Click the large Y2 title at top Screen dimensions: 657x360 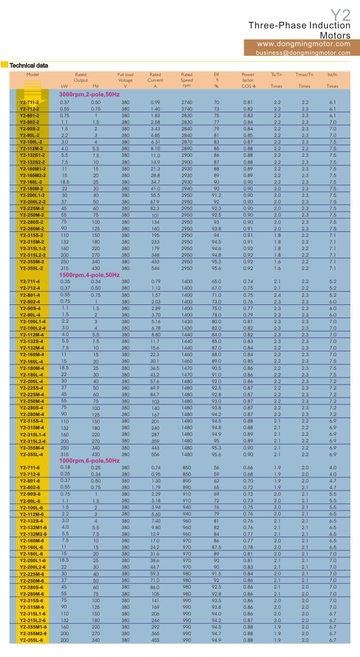pyautogui.click(x=340, y=14)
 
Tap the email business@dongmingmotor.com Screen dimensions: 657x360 pyautogui.click(x=303, y=52)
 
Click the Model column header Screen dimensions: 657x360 pyautogui.click(x=33, y=75)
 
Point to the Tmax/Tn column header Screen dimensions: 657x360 pyautogui.click(x=304, y=75)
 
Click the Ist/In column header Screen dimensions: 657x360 pyautogui.click(x=332, y=75)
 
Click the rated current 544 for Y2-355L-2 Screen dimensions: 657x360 pyautogui.click(x=155, y=267)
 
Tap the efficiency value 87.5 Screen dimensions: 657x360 pyautogui.click(x=217, y=547)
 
